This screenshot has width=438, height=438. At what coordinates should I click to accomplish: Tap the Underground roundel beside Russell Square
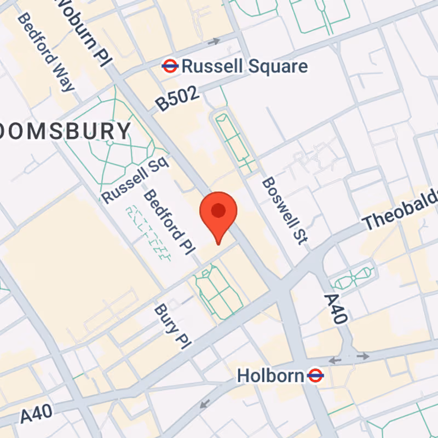tap(170, 67)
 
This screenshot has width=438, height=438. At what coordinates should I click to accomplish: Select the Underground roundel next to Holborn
tap(315, 376)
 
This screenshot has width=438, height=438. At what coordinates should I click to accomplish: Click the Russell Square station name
tap(244, 67)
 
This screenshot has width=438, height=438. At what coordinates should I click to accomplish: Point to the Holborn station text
tap(270, 376)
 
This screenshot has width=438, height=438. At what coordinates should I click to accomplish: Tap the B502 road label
tap(176, 100)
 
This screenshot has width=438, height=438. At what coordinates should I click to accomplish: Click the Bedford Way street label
tap(46, 52)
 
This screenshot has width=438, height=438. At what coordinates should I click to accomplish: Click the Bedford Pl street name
tap(169, 222)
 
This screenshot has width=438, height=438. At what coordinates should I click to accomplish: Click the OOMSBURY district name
tap(66, 131)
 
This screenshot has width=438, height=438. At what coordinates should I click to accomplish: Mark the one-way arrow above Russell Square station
tap(214, 41)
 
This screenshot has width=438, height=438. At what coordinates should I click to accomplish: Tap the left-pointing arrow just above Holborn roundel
tap(335, 360)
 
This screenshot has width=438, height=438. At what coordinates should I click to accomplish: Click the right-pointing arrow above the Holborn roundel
tap(362, 356)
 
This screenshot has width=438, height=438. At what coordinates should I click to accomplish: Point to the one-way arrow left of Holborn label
tap(205, 404)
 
